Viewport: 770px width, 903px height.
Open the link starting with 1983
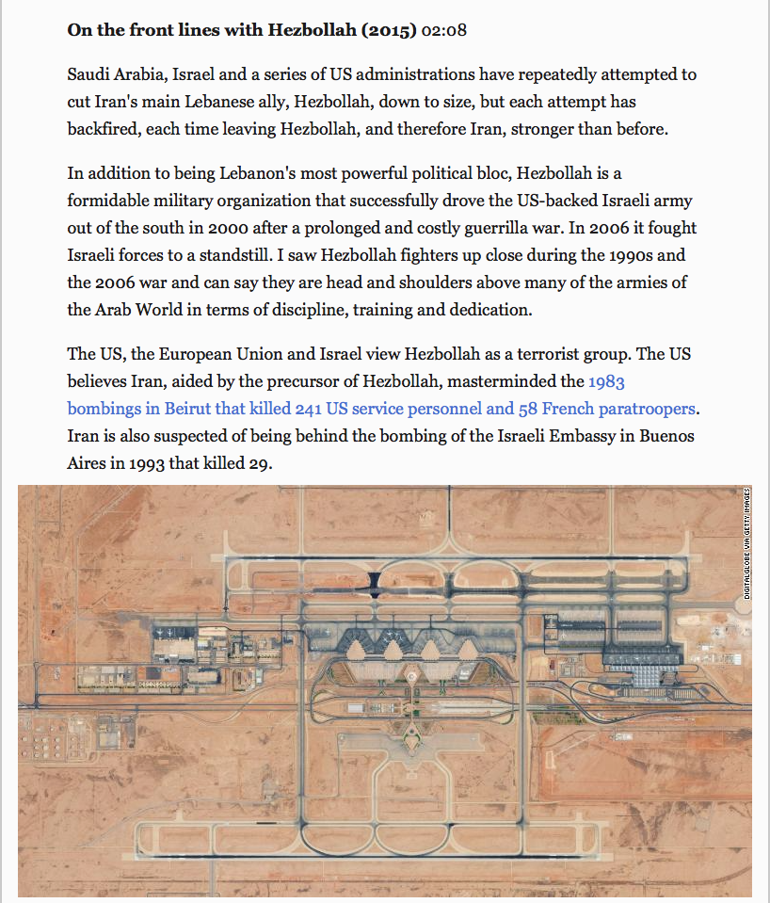[606, 381]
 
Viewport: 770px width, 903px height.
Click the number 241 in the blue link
[311, 409]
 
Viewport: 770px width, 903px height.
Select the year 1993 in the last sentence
[149, 463]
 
